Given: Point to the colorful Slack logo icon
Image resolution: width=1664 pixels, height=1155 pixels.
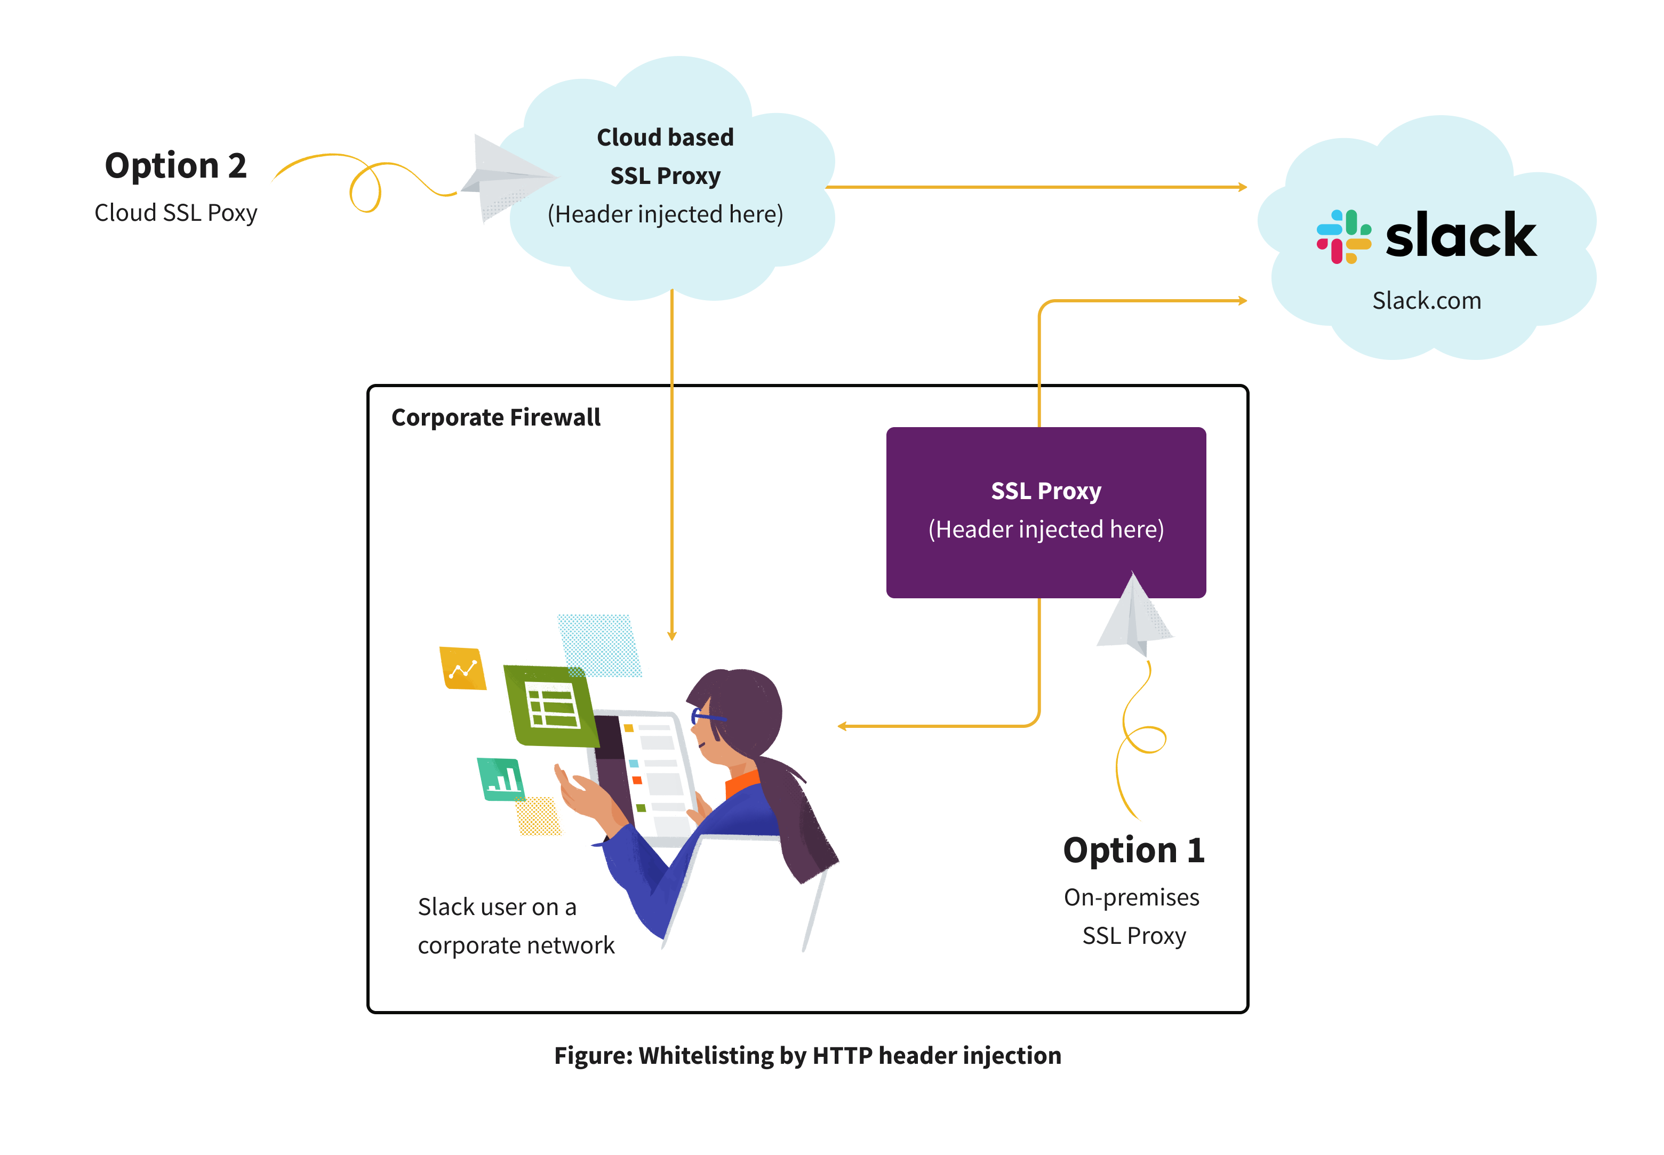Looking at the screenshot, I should (1342, 237).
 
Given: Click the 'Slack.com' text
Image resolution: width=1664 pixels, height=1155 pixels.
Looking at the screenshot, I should (1426, 300).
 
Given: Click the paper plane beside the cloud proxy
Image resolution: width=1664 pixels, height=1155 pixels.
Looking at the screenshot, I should (507, 177).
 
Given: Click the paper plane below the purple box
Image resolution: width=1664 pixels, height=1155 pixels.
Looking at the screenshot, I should (1134, 615).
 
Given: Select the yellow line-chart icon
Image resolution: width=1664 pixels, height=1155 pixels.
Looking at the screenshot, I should (462, 668).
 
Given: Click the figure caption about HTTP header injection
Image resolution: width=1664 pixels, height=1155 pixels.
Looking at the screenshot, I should (807, 1055).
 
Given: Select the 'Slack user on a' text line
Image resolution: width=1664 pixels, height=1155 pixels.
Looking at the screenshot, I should (497, 907).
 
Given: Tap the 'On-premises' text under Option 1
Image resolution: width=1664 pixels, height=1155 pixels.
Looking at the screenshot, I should (1131, 897).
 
